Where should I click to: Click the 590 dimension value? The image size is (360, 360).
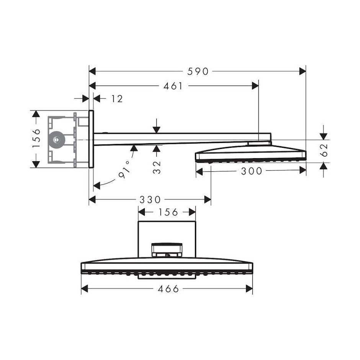click(198, 71)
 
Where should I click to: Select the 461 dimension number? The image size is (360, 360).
click(173, 86)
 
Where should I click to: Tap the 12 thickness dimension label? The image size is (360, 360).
click(117, 99)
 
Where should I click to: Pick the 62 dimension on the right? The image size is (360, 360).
click(324, 150)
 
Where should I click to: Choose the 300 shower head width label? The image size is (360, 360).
click(251, 171)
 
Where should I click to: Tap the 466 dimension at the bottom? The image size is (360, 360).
click(168, 289)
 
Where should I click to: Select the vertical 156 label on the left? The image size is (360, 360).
click(36, 138)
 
